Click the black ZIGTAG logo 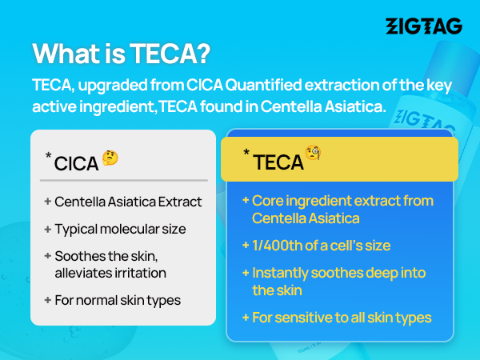click(x=424, y=26)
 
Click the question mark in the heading click(x=202, y=54)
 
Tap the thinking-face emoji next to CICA click(x=110, y=158)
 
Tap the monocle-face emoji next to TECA click(x=313, y=153)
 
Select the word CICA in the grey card click(x=76, y=163)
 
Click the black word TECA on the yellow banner click(x=278, y=162)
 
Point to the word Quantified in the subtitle click(x=263, y=85)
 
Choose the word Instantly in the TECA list click(x=280, y=273)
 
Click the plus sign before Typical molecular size click(x=47, y=230)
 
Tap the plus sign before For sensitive click(x=246, y=318)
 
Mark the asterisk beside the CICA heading click(x=48, y=155)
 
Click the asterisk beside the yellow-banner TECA click(x=246, y=152)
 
